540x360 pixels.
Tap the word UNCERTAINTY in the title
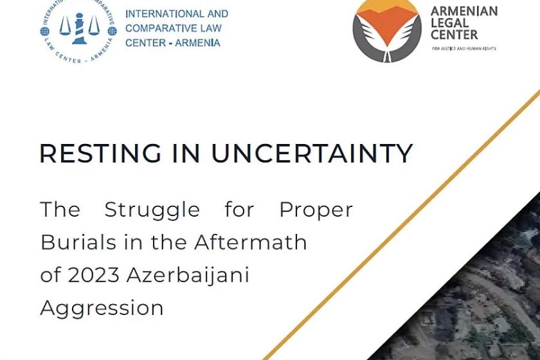pyautogui.click(x=312, y=153)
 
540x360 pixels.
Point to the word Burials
pyautogui.click(x=78, y=242)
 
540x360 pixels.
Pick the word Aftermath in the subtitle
pyautogui.click(x=250, y=242)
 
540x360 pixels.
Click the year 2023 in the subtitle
pyautogui.click(x=94, y=275)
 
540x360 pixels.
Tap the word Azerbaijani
pyautogui.click(x=188, y=276)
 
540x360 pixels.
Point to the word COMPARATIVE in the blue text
pyautogui.click(x=161, y=28)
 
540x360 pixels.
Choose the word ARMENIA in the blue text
pyautogui.click(x=198, y=43)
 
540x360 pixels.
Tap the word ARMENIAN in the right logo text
pyautogui.click(x=464, y=11)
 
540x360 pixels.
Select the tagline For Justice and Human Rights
pyautogui.click(x=464, y=49)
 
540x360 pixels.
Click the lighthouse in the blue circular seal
pyautogui.click(x=79, y=30)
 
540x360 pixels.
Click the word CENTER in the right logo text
pyautogui.click(x=455, y=35)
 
